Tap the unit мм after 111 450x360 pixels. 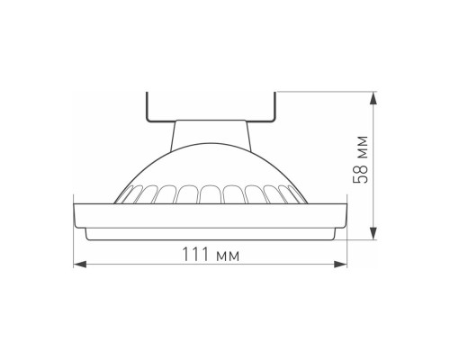(228, 256)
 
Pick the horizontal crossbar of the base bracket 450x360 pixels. (210, 121)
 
